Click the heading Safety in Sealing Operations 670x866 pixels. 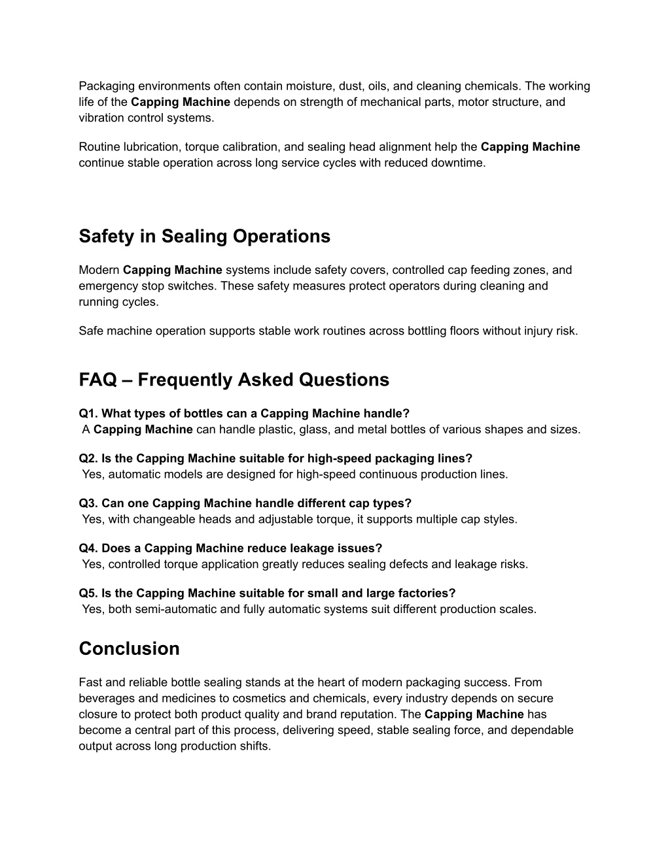point(204,236)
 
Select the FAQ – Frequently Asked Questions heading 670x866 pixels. point(234,380)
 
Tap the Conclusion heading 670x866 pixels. point(129,648)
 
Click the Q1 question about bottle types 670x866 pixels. point(244,413)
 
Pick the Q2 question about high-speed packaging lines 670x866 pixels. point(275,458)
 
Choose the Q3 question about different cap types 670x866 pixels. point(245,503)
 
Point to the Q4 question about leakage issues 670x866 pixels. point(230,548)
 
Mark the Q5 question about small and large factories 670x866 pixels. point(267,593)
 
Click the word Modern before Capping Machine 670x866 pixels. point(99,270)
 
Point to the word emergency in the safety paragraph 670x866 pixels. point(104,286)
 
